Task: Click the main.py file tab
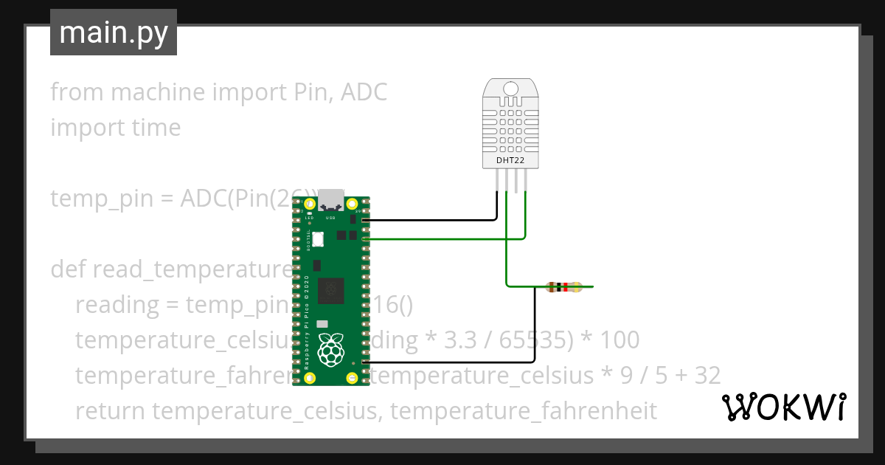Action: (113, 32)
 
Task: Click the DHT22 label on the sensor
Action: (510, 159)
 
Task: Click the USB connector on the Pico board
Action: (331, 201)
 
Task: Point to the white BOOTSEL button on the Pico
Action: (319, 239)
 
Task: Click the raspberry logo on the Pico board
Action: (331, 349)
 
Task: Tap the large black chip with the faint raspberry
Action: (331, 289)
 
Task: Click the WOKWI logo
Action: (784, 407)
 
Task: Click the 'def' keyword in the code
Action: (68, 269)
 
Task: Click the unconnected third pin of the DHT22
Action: (516, 182)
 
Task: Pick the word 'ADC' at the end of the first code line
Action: (364, 92)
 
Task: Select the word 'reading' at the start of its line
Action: (117, 304)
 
